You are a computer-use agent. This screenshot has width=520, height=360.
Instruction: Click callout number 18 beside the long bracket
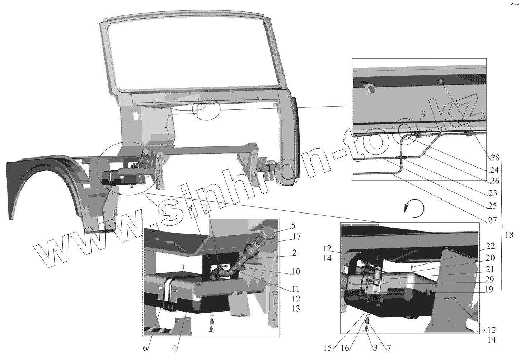click(509, 235)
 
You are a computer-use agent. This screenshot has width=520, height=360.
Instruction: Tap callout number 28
click(495, 158)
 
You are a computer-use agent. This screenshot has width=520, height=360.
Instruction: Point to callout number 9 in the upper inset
click(423, 114)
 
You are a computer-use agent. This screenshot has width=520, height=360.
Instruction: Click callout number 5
click(293, 226)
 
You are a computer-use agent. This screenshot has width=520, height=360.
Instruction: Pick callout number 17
click(296, 237)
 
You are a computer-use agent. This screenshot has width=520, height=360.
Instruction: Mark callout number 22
click(490, 246)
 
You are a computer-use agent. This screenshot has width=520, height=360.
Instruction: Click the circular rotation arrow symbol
click(414, 208)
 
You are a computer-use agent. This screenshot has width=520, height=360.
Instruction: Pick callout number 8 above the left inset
click(190, 207)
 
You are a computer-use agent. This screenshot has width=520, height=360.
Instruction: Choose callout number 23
click(492, 193)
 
